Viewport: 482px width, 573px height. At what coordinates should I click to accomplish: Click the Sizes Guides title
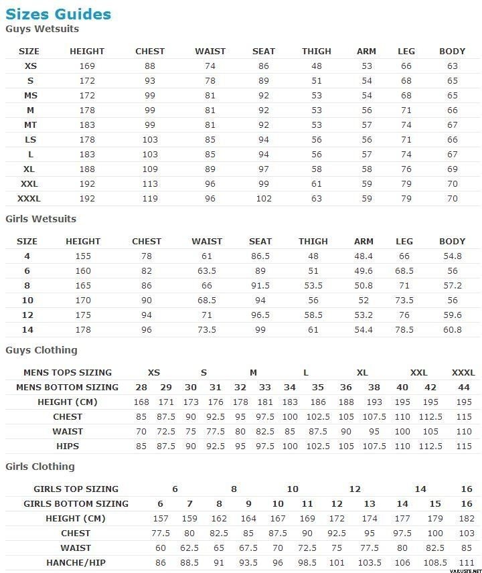58,14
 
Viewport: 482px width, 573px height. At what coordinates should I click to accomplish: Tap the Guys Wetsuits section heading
42,29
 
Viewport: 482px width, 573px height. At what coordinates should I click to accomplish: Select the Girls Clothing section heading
40,467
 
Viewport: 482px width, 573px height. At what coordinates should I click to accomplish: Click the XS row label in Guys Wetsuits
31,66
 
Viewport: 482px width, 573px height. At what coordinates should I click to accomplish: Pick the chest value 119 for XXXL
150,199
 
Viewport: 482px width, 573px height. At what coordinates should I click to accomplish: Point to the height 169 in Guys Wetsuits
87,66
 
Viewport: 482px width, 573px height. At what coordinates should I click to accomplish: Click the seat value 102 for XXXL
264,199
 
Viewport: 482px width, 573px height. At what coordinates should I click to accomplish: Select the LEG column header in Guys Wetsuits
406,52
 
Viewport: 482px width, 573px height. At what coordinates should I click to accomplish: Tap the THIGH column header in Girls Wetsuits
313,242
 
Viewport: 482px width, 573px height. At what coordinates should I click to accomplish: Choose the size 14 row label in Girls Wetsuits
27,330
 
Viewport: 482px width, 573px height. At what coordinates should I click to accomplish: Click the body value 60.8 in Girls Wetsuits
453,330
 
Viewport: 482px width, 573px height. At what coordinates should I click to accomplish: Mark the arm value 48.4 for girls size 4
364,256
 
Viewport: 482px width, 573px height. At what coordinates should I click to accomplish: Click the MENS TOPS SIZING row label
68,373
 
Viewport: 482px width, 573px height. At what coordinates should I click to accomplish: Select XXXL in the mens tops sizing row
463,373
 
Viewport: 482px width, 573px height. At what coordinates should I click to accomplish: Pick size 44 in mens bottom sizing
464,388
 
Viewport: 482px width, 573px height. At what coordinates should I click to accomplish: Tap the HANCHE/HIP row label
76,563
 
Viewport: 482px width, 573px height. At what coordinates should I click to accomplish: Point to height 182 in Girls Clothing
467,519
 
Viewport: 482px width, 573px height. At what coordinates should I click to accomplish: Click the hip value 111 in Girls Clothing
467,563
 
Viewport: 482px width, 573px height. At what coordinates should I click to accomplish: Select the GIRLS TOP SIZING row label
76,489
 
